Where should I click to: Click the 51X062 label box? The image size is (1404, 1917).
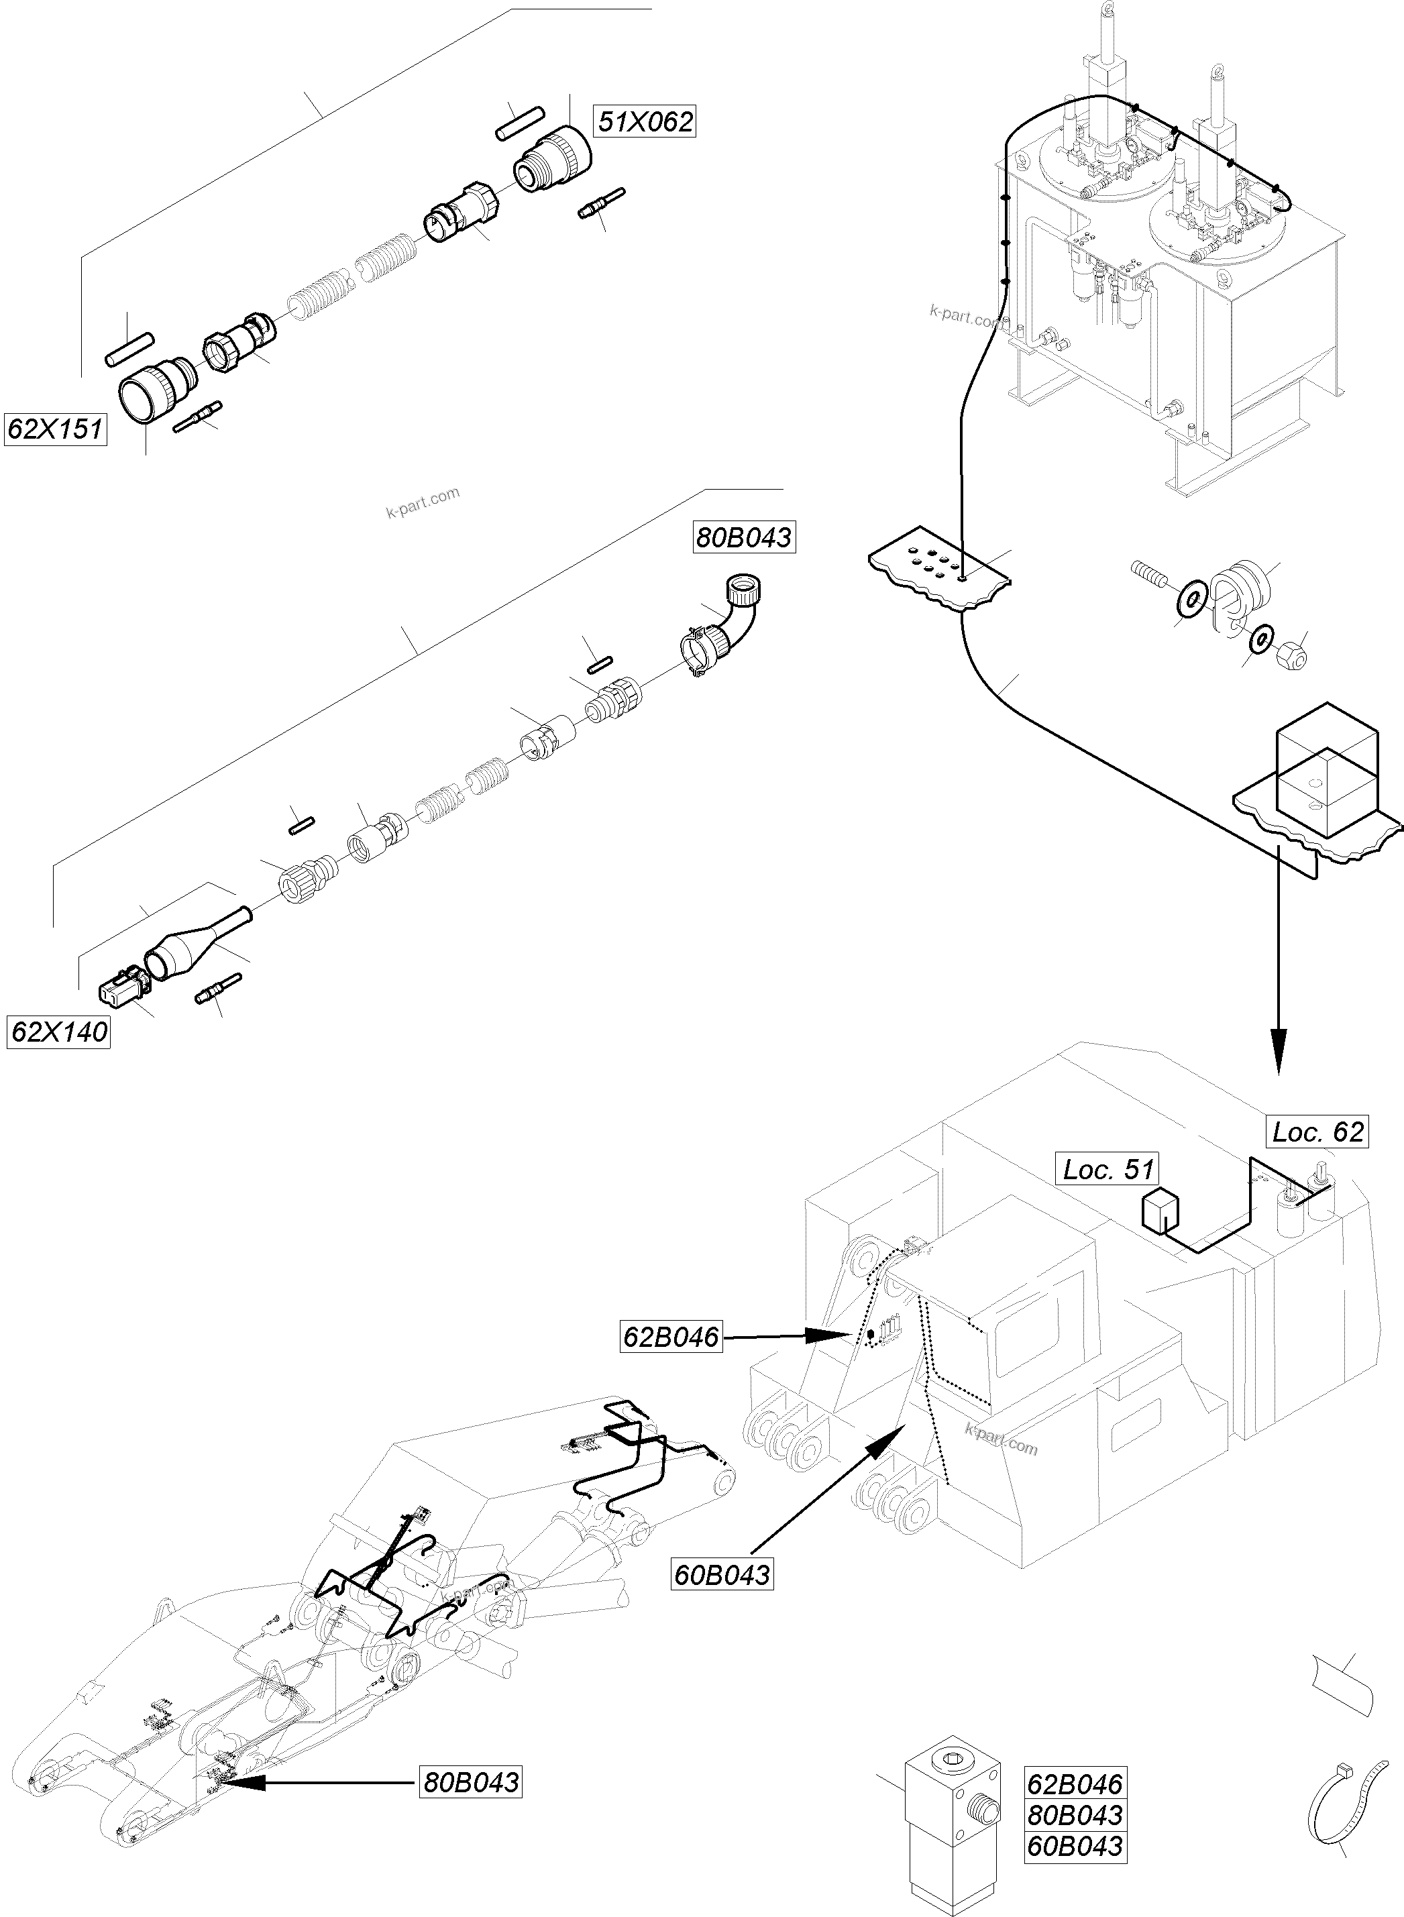pyautogui.click(x=645, y=121)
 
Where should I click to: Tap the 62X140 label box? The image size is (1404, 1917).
pyautogui.click(x=58, y=1032)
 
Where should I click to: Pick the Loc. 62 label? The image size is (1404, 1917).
pyautogui.click(x=1317, y=1132)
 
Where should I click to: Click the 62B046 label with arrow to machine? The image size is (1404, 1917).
pyautogui.click(x=671, y=1337)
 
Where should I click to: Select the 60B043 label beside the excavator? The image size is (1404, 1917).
pyautogui.click(x=722, y=1574)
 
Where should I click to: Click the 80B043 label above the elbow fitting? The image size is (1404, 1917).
pyautogui.click(x=745, y=537)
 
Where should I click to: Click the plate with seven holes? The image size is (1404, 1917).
pyautogui.click(x=939, y=573)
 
